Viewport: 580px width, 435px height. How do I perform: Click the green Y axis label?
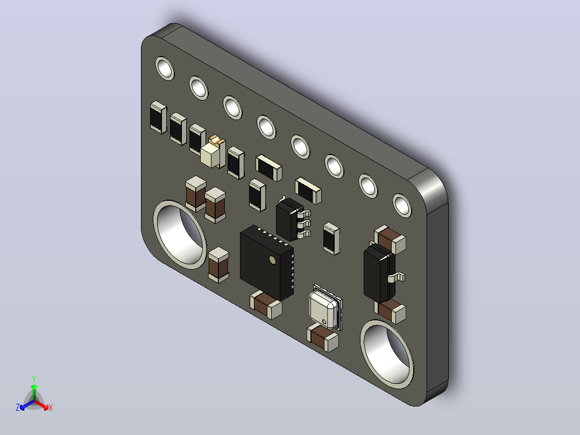click(x=34, y=378)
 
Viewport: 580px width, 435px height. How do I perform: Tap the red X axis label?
click(x=51, y=408)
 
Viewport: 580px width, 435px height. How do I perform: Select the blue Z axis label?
click(x=18, y=407)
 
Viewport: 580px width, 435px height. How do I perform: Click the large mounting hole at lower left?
click(x=180, y=235)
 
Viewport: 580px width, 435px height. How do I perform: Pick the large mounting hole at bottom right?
click(x=387, y=354)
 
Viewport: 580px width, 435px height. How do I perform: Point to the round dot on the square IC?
click(x=273, y=260)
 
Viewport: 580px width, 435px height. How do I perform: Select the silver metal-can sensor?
click(x=325, y=307)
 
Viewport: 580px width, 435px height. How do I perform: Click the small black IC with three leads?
click(x=293, y=219)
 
